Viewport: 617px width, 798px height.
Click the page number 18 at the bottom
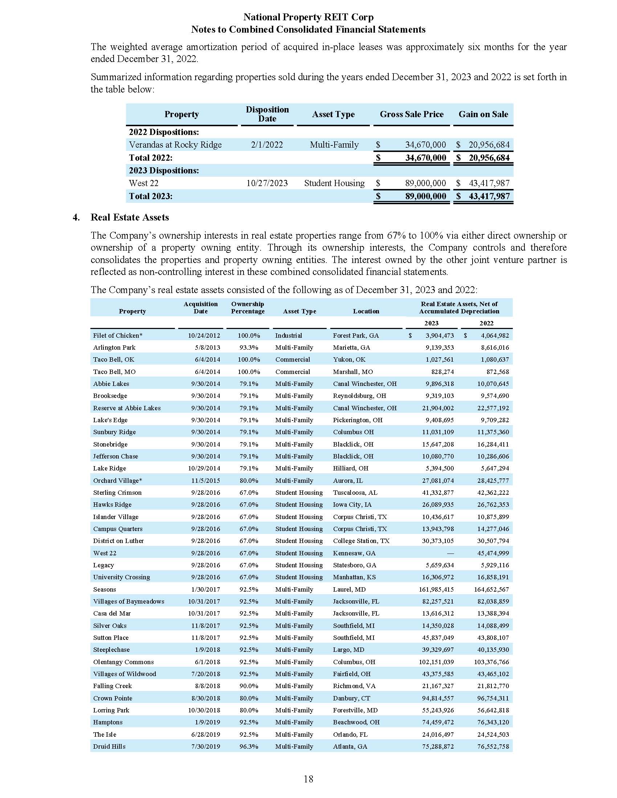click(x=308, y=779)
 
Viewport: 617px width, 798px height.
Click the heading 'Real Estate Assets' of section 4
click(x=130, y=217)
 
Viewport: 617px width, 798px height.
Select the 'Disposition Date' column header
click(x=267, y=114)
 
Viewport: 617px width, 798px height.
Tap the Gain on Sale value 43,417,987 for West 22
click(x=489, y=183)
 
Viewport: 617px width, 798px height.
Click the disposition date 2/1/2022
click(x=267, y=145)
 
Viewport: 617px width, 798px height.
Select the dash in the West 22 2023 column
click(x=450, y=553)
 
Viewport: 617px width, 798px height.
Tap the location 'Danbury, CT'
click(x=351, y=698)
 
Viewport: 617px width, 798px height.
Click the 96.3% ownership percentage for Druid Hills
click(x=249, y=746)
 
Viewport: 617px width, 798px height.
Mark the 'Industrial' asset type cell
click(x=289, y=336)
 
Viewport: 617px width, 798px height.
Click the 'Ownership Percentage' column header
click(x=248, y=308)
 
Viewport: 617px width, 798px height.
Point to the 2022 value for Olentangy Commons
click(x=493, y=662)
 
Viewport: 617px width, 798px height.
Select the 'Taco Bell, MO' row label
click(x=114, y=371)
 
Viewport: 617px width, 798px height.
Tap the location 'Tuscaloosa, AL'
click(x=355, y=493)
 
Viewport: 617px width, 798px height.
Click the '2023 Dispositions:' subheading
click(x=164, y=170)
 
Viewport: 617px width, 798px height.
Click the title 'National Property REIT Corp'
click(x=308, y=17)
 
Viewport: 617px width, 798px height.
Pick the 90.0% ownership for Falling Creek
click(x=249, y=686)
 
